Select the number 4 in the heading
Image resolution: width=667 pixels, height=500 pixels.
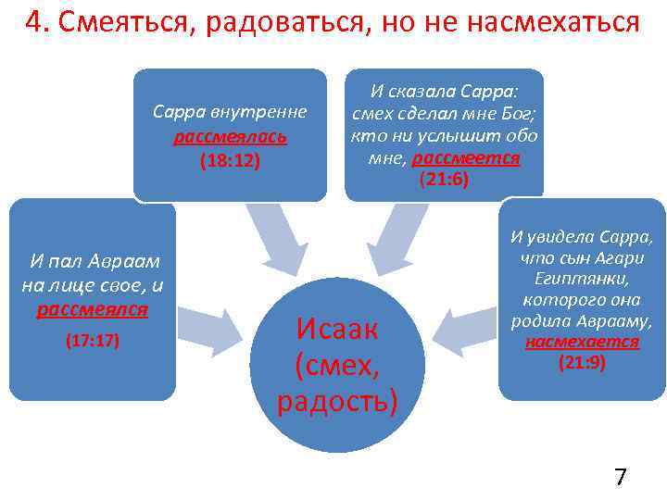[35, 23]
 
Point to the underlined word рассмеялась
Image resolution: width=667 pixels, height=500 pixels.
[230, 137]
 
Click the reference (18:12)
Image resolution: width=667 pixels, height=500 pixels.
[230, 160]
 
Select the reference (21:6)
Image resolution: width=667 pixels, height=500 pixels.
[445, 180]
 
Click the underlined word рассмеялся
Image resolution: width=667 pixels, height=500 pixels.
[93, 308]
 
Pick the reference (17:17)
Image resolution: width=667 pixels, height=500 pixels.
[93, 341]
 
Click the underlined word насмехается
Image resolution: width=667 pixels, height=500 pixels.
[582, 342]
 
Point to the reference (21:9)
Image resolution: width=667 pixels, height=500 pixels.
[582, 362]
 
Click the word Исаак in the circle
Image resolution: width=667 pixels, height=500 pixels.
[337, 327]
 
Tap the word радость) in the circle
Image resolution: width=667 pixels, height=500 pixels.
[337, 401]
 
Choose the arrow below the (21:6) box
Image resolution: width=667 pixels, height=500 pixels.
[393, 237]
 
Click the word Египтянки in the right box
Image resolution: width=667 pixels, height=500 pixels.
[582, 278]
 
